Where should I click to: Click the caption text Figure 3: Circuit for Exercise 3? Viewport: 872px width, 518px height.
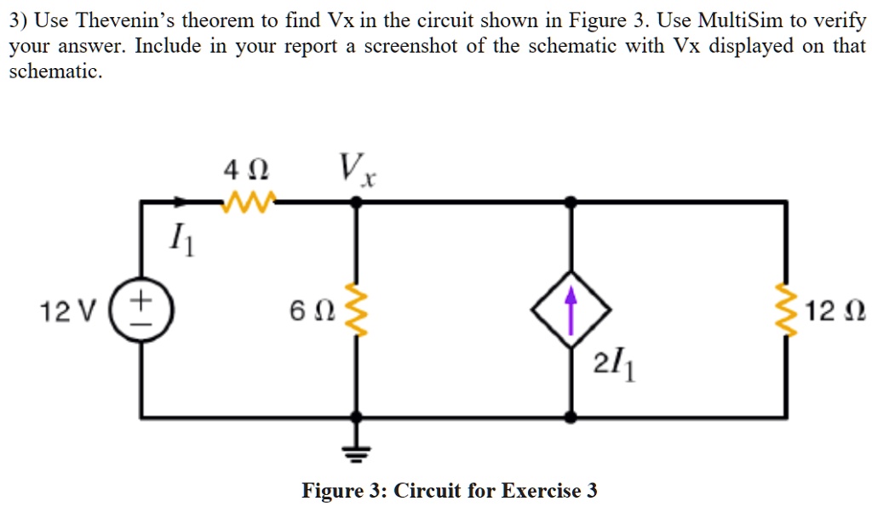pos(449,492)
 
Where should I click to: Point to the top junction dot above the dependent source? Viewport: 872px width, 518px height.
pos(571,202)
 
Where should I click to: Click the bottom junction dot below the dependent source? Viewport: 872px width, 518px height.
pos(571,417)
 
